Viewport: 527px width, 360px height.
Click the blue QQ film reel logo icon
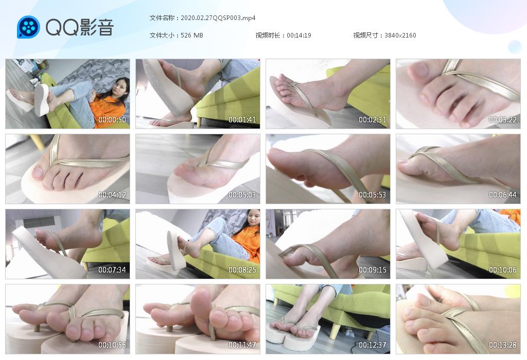point(28,27)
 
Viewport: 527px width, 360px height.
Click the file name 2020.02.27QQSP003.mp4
point(218,18)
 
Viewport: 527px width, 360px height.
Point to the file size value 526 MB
point(191,35)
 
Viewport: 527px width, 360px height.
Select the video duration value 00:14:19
point(299,35)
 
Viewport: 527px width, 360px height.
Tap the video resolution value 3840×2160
point(400,35)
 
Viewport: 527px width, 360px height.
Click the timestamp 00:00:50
point(112,119)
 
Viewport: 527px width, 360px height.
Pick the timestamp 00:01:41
point(242,119)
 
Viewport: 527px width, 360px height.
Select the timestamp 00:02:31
point(372,119)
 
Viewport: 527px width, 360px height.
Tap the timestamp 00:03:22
point(502,119)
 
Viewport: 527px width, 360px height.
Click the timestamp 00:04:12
point(112,195)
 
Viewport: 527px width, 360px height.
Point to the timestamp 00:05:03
point(242,195)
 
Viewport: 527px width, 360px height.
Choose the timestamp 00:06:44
point(502,195)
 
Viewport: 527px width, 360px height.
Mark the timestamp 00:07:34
point(112,269)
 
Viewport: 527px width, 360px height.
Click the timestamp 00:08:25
point(242,269)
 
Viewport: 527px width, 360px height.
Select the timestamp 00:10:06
point(502,269)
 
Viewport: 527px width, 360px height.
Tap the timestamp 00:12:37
point(372,345)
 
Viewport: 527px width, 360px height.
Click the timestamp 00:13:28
point(502,345)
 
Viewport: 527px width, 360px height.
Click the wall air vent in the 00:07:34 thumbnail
point(39,222)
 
